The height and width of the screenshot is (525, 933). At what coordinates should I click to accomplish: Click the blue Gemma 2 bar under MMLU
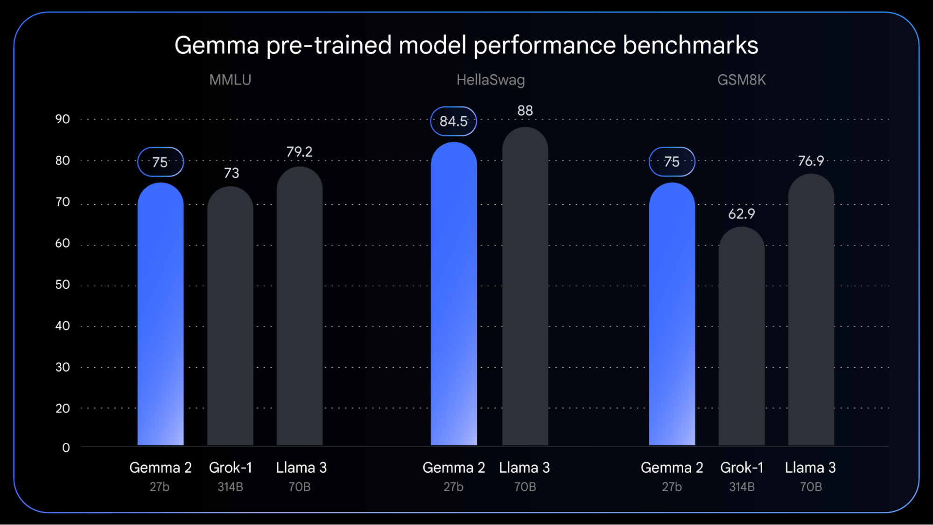(160, 313)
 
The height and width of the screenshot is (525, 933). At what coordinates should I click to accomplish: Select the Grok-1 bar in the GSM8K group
(741, 336)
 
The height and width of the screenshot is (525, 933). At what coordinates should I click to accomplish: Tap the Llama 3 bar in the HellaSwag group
(525, 285)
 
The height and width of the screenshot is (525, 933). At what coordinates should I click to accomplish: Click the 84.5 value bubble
(453, 121)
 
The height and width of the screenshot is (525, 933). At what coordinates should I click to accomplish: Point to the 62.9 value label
(741, 214)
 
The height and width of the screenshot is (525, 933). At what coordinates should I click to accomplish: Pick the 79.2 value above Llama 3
(299, 152)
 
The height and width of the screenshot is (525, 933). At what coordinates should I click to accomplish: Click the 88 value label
(525, 111)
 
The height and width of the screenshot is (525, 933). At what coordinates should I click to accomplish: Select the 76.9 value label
(811, 161)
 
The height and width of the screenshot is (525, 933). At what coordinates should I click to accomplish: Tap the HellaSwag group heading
(490, 80)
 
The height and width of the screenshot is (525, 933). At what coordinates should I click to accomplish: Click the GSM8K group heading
(741, 80)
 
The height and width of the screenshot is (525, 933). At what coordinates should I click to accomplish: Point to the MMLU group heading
(230, 80)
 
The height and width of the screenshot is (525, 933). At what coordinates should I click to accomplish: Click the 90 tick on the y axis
(63, 119)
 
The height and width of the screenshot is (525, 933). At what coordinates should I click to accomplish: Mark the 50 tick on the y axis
(63, 285)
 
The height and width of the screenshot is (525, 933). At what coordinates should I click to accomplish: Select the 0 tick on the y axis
(66, 448)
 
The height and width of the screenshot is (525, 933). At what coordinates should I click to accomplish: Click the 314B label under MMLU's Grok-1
(230, 487)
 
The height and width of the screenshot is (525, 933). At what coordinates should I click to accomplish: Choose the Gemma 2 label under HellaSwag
(453, 467)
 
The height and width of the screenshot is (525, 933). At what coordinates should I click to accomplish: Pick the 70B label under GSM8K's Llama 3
(811, 487)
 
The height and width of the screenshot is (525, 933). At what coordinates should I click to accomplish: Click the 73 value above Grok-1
(231, 173)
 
